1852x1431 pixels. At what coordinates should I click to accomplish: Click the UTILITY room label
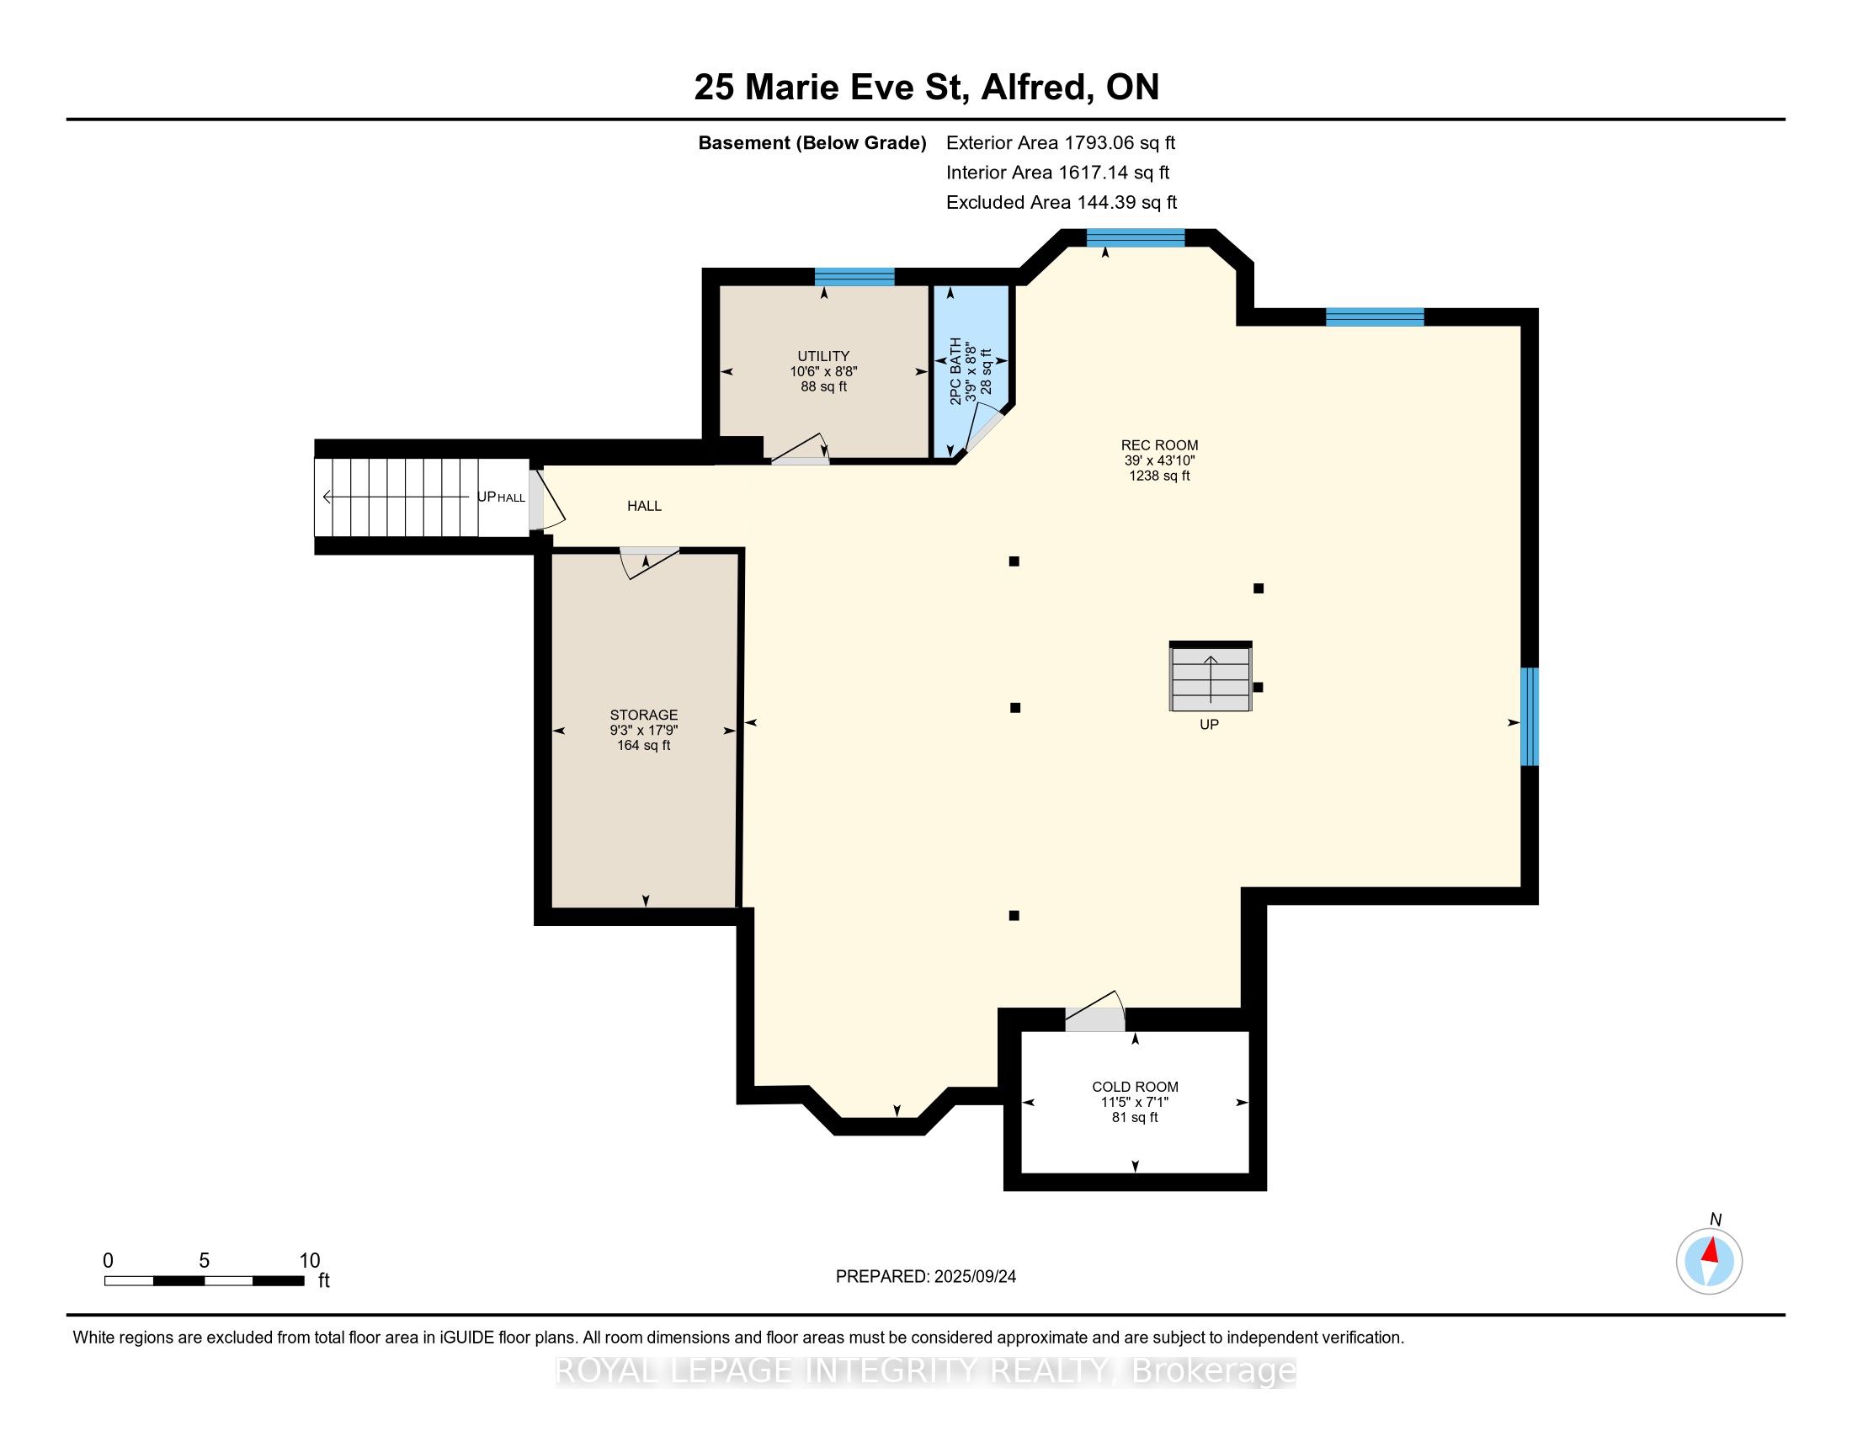tap(822, 356)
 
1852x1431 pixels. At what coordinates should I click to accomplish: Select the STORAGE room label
tap(644, 715)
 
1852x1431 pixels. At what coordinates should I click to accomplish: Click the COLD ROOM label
tap(1135, 1087)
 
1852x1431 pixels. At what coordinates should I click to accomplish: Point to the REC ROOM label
tap(1159, 445)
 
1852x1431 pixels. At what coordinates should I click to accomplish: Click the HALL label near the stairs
tap(644, 506)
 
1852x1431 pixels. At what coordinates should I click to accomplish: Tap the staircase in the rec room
tap(1210, 679)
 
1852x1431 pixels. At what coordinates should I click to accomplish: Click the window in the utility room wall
tap(854, 276)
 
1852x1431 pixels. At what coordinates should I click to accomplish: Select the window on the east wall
tap(1528, 716)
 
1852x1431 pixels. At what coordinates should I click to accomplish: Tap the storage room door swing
tap(650, 563)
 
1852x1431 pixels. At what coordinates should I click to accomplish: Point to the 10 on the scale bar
tap(310, 1261)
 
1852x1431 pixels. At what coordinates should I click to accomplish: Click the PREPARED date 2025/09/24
tap(925, 1277)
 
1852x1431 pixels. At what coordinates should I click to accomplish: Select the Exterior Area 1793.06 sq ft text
tap(1060, 143)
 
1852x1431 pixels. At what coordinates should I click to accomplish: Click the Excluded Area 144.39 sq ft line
tap(1061, 203)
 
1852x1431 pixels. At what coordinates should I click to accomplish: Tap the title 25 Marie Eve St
tap(926, 88)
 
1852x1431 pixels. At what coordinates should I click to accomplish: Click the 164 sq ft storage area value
tap(644, 746)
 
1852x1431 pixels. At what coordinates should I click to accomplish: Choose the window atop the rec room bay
tap(1136, 237)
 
